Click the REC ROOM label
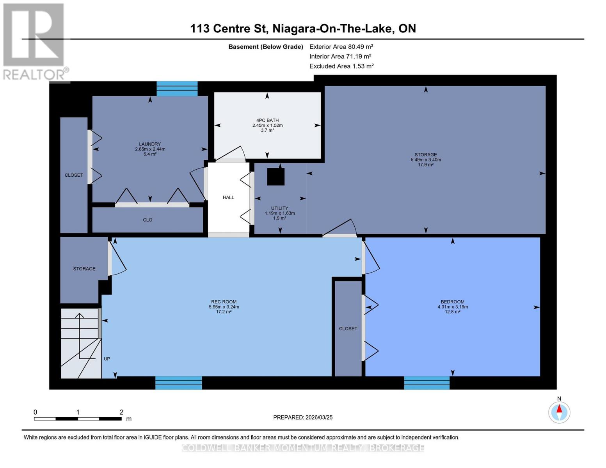pos(224,302)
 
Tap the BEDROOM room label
pos(452,302)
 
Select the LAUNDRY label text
pos(150,144)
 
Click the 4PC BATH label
pos(267,121)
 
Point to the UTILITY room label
pos(279,208)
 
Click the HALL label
pos(228,197)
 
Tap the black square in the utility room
pos(275,176)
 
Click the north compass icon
pos(559,412)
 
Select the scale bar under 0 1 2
pos(78,419)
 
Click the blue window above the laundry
pos(177,89)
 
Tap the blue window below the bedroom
pos(427,383)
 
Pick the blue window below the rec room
pos(178,383)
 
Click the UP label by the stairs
pos(107,359)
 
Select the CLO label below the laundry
pos(148,220)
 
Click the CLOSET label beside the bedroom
pos(348,329)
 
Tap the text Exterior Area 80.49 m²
pos(341,46)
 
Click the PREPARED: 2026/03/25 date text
pos(303,417)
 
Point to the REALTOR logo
pos(34,41)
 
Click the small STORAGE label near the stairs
pos(84,269)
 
